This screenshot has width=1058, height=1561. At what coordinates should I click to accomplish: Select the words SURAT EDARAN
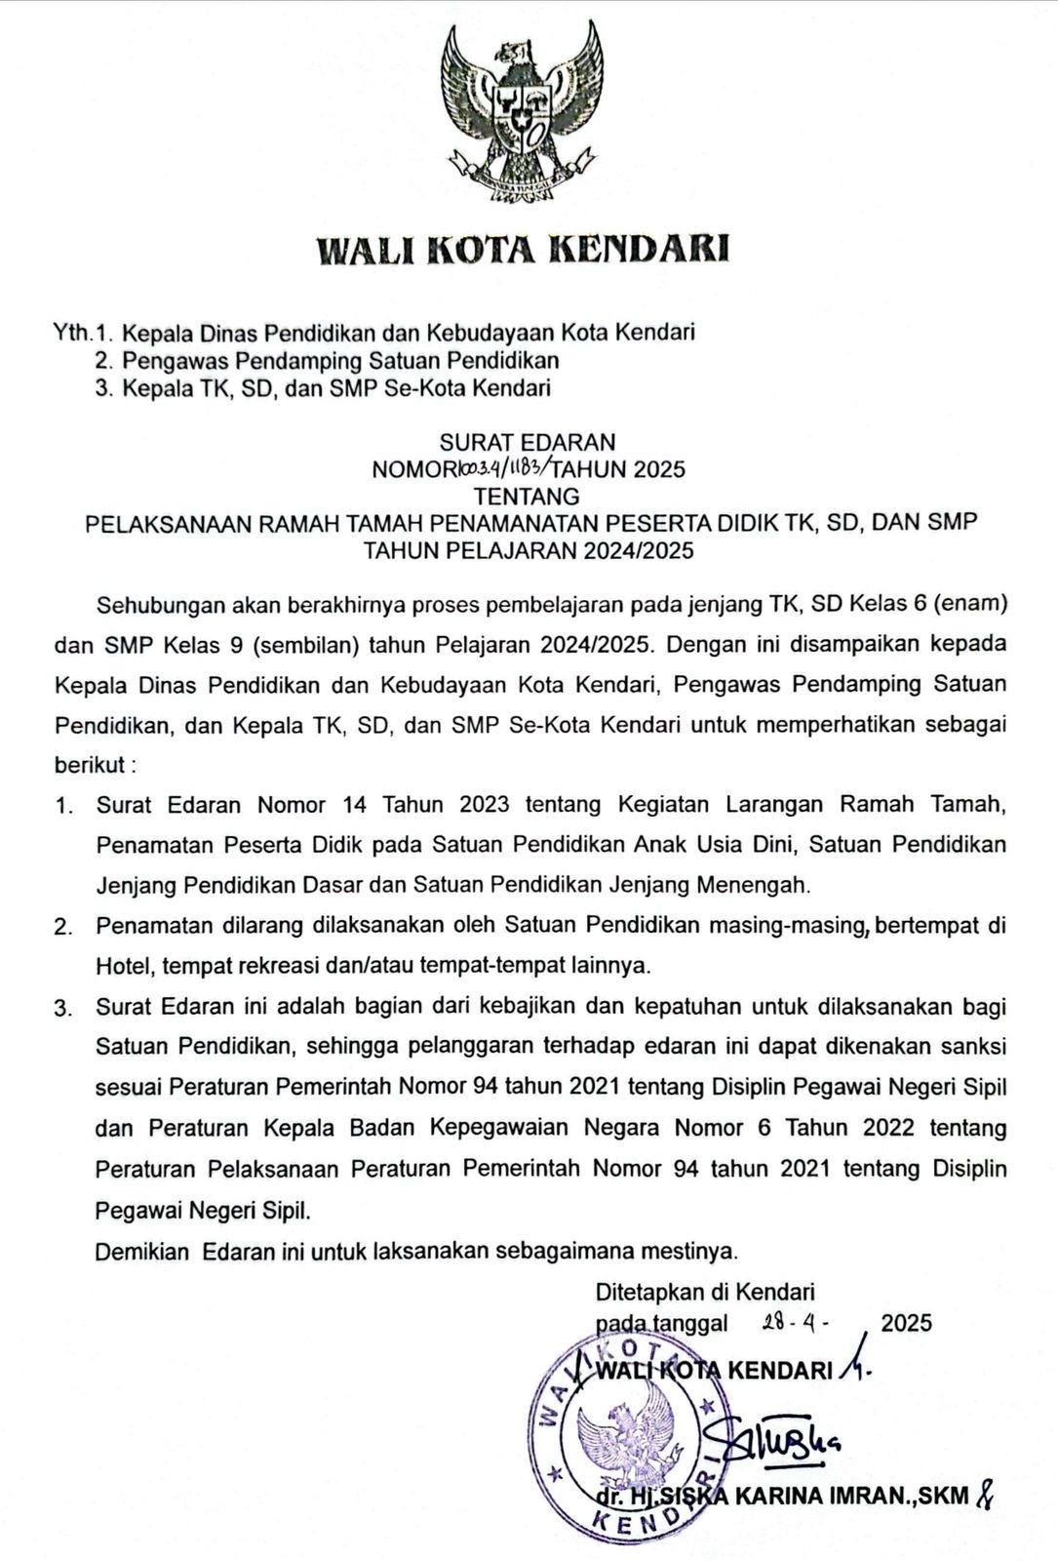coord(528,442)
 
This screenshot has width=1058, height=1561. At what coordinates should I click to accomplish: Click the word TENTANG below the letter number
coord(527,496)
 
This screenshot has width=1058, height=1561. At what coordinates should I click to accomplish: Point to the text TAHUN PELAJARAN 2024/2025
coord(529,550)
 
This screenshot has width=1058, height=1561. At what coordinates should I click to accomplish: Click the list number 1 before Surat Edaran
coord(63,806)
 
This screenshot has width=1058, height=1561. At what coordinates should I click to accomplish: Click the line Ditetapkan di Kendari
coord(705,1293)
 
